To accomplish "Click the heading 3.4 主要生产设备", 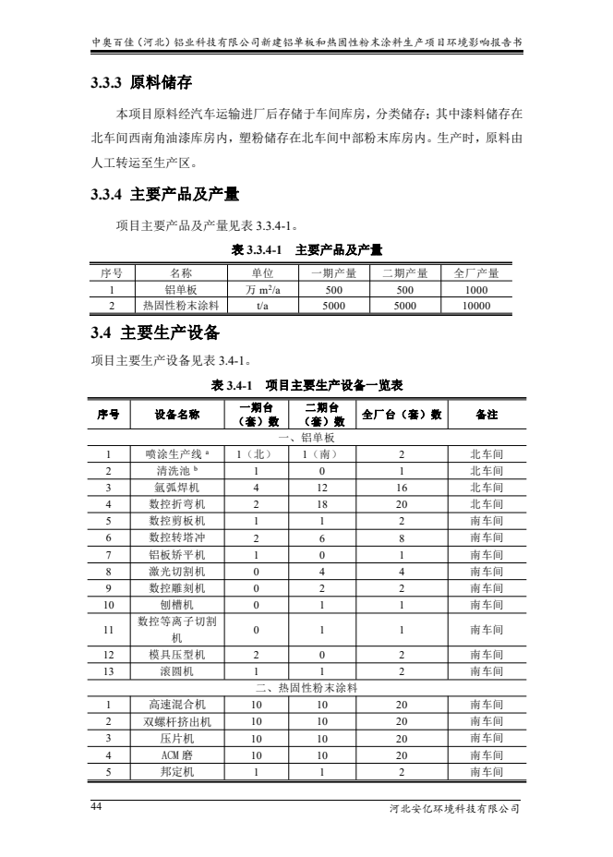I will coord(155,332).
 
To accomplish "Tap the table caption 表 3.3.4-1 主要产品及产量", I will coord(306,249).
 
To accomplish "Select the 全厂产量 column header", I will coord(476,272).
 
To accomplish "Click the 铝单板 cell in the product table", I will coord(180,289).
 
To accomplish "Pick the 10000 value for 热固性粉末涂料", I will coord(476,305).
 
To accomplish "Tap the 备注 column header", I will coord(487,415).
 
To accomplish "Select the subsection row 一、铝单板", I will coord(306,437).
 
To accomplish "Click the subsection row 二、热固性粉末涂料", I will coord(306,688).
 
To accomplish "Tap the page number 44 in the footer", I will coord(97,806).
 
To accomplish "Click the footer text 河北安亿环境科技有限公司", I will coord(456,809).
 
